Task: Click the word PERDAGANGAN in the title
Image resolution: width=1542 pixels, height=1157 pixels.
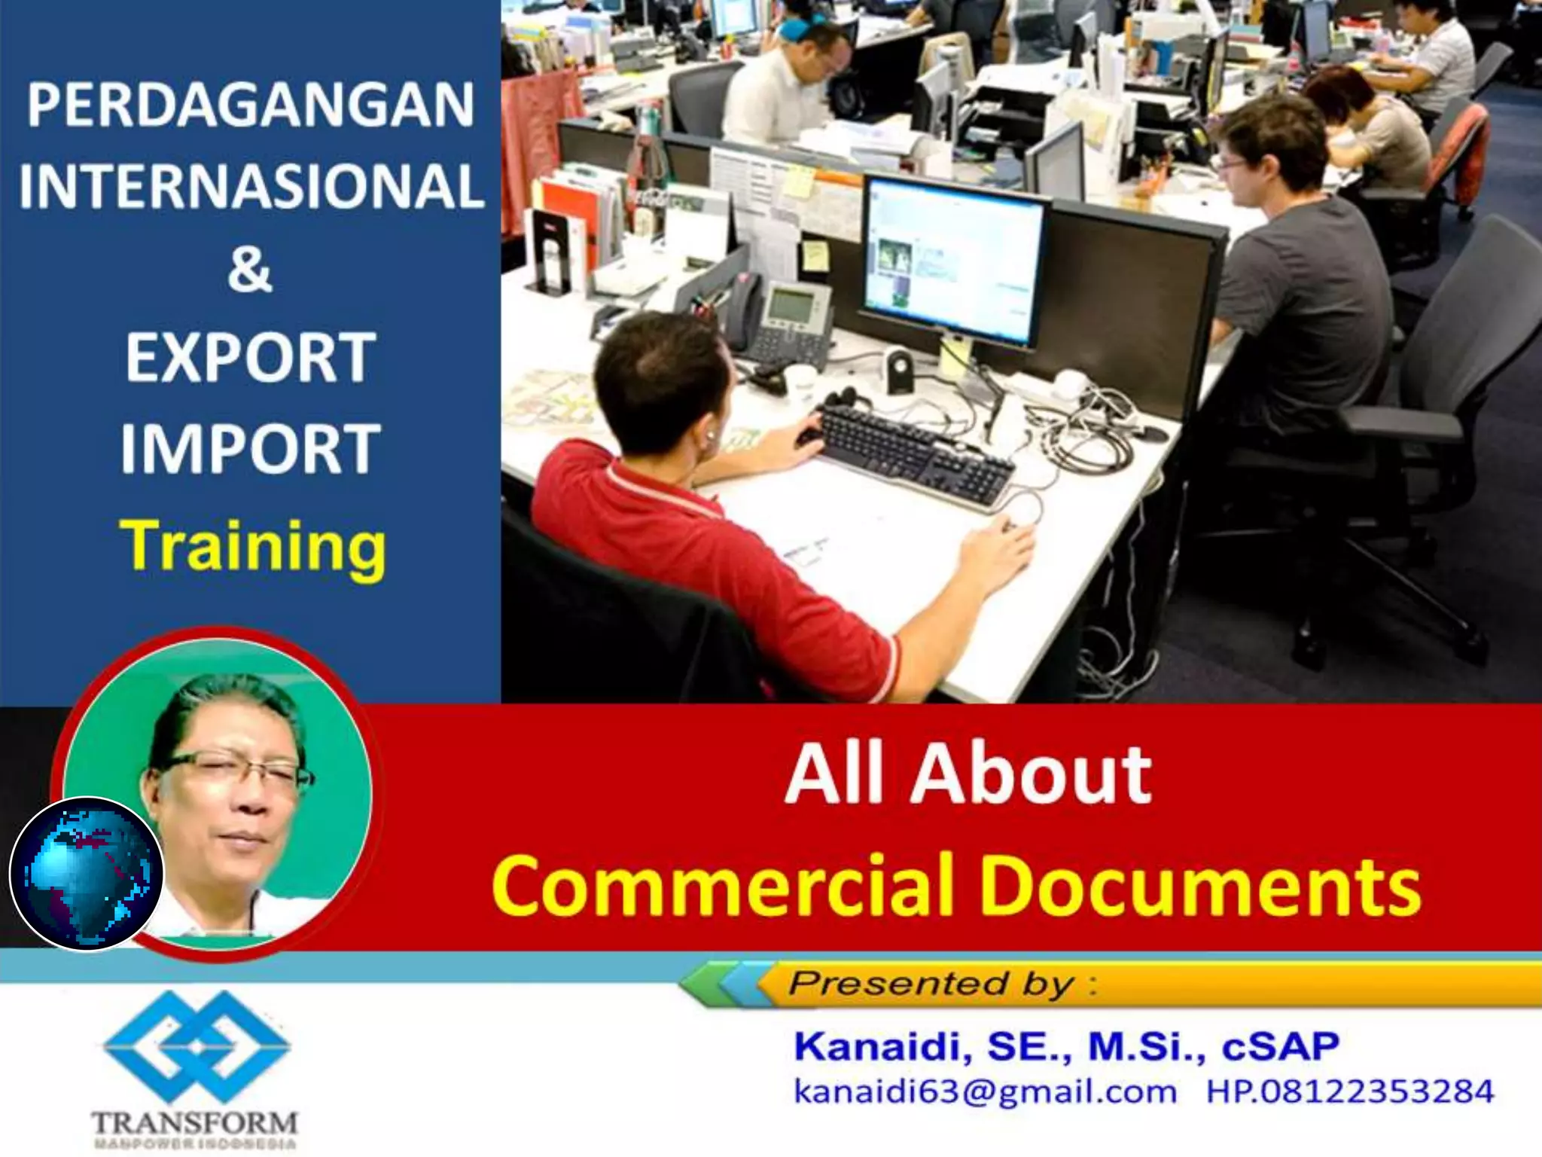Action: [x=251, y=105]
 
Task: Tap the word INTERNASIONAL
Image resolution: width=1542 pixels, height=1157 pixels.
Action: [x=251, y=186]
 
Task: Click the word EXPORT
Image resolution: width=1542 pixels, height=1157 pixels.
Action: [x=250, y=357]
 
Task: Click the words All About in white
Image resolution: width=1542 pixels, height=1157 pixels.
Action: [x=968, y=776]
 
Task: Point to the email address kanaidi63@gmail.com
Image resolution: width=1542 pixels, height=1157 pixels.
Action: [x=985, y=1091]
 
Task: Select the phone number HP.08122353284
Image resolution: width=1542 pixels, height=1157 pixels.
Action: [x=1350, y=1091]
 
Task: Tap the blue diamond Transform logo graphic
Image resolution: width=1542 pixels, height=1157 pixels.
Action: [x=197, y=1047]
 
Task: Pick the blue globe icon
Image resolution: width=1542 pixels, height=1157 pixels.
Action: [x=86, y=874]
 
